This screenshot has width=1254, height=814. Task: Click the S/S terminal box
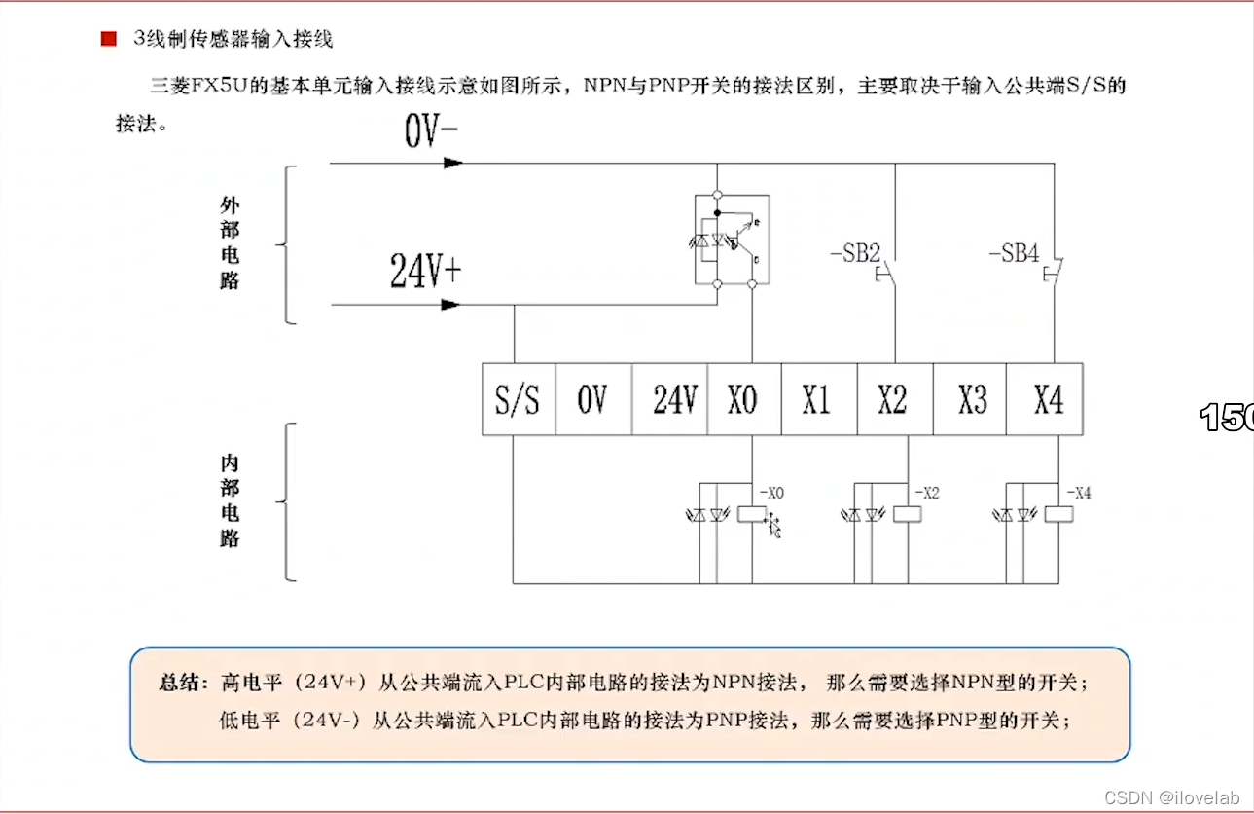519,399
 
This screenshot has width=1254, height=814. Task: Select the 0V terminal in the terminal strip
593,399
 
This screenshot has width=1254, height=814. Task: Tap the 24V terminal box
670,399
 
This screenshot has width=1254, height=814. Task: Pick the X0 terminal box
744,399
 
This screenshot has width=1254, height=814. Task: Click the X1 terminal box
818,399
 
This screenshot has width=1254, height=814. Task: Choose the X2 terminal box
894,399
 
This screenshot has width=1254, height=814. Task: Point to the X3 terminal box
970,399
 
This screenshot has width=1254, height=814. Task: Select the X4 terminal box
1045,399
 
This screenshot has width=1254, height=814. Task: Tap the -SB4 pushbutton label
1015,254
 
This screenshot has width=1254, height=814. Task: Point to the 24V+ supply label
425,272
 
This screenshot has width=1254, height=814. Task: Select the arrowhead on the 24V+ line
450,305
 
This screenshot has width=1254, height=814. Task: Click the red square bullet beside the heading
108,39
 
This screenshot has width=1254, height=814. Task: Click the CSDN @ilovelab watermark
1172,797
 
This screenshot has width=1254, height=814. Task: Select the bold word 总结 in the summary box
182,683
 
